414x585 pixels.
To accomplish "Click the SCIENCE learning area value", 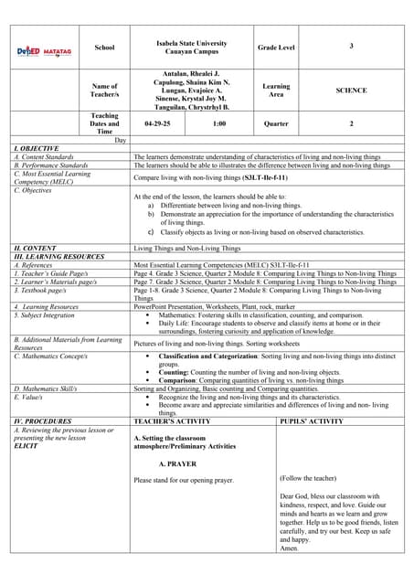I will [x=351, y=90].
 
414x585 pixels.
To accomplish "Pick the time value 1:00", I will [x=219, y=122].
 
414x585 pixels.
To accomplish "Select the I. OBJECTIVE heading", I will [x=37, y=148].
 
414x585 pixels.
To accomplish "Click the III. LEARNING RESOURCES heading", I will [x=58, y=256].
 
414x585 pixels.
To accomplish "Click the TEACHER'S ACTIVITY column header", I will [x=173, y=420].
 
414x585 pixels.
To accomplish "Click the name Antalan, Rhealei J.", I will [x=190, y=72].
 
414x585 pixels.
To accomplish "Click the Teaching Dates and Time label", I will [x=105, y=123].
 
